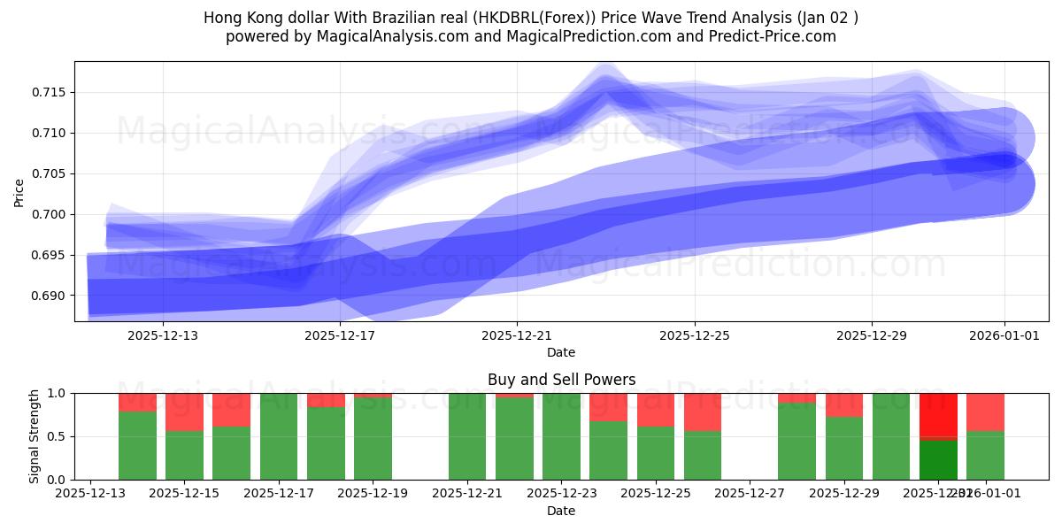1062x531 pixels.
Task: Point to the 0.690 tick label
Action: click(x=52, y=296)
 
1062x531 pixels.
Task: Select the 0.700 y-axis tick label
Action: click(x=52, y=214)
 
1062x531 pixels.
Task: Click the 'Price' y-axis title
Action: click(x=19, y=191)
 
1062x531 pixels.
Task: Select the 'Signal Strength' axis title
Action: click(x=34, y=435)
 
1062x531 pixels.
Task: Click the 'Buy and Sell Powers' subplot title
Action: click(x=561, y=380)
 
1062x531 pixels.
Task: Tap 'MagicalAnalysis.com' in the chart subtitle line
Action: click(x=399, y=36)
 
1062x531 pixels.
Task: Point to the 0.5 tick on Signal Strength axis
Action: click(x=58, y=436)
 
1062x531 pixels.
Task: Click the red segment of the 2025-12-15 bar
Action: click(x=184, y=412)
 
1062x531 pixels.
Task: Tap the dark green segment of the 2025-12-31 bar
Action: click(x=938, y=459)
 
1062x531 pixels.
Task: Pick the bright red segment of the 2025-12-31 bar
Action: click(x=938, y=414)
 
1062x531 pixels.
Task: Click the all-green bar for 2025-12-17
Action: click(x=279, y=436)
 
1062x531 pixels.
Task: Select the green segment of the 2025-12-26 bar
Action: click(x=703, y=455)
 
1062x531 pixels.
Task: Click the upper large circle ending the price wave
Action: click(x=1005, y=137)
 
